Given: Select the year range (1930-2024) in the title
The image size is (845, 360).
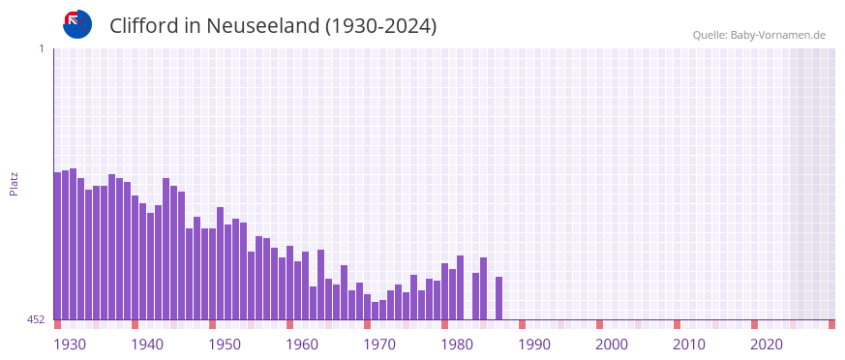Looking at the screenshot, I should pyautogui.click(x=380, y=26).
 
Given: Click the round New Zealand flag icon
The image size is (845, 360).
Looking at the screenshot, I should pyautogui.click(x=77, y=24).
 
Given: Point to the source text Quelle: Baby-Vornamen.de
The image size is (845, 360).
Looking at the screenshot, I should pyautogui.click(x=758, y=35).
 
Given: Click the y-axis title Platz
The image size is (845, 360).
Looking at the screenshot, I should pyautogui.click(x=14, y=184).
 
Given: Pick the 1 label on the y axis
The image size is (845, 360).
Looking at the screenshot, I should pyautogui.click(x=41, y=48).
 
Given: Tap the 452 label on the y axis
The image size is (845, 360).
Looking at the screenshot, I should pyautogui.click(x=36, y=319).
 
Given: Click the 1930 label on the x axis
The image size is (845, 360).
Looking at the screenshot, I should pyautogui.click(x=70, y=344).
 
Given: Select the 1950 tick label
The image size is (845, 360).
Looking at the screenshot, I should pyautogui.click(x=225, y=344).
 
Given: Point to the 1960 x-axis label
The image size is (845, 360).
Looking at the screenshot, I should pyautogui.click(x=302, y=344).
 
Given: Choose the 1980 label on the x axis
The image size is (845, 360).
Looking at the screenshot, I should pyautogui.click(x=457, y=344).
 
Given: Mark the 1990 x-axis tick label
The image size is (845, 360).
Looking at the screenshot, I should pyautogui.click(x=534, y=344).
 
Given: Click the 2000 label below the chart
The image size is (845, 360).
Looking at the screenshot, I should pyautogui.click(x=612, y=344).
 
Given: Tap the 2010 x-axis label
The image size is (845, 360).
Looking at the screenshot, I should pyautogui.click(x=689, y=344).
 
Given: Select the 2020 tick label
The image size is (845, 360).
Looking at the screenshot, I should pyautogui.click(x=767, y=344).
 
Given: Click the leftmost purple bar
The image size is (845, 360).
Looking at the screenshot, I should pyautogui.click(x=57, y=246).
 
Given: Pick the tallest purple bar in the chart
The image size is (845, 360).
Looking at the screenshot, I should pyautogui.click(x=73, y=244).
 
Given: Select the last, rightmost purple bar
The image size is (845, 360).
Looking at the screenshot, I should pyautogui.click(x=498, y=298).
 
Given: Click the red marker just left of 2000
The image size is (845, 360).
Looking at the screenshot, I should pyautogui.click(x=599, y=324).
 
